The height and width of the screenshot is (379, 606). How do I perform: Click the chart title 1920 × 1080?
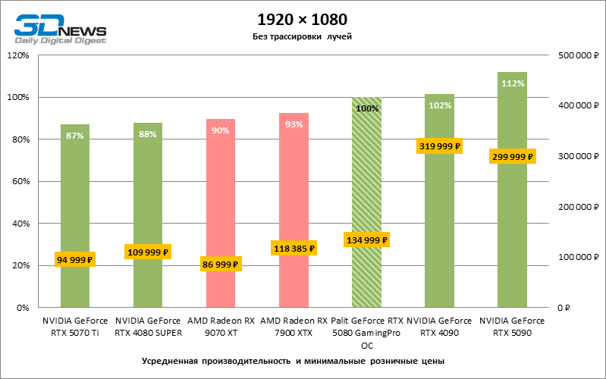click(303, 18)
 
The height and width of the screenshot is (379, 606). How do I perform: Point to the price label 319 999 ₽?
click(439, 146)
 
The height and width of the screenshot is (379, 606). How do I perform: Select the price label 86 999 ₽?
click(221, 265)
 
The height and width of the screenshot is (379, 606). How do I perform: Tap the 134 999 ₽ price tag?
click(367, 240)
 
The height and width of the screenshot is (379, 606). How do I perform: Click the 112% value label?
click(513, 83)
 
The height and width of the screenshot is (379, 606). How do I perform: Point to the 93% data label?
click(294, 124)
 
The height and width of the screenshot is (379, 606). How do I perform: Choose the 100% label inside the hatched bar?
click(367, 108)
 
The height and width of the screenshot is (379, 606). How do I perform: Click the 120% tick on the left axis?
click(18, 55)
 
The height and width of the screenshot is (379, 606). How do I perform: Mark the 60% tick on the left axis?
click(20, 182)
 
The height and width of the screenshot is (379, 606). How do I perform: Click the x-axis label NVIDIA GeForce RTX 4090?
click(439, 326)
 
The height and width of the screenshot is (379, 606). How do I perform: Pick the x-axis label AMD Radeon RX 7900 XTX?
click(294, 326)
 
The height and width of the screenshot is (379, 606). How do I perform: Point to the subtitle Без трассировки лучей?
click(303, 36)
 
